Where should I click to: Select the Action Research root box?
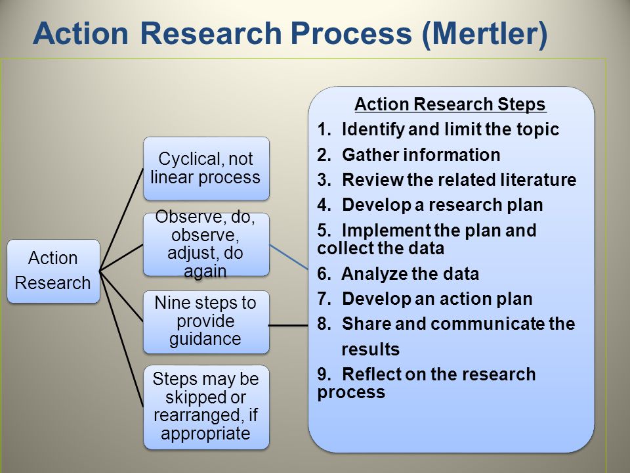point(53,271)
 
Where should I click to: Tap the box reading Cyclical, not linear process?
point(206,169)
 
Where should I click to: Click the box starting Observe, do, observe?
point(206,244)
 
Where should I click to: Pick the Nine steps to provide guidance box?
point(206,322)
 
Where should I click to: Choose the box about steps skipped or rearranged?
point(206,407)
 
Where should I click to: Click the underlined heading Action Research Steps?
point(450,104)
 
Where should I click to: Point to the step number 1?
point(324,129)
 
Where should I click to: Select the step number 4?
point(324,205)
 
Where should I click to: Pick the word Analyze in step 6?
point(374,274)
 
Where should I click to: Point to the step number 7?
point(324,299)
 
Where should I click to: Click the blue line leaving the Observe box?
point(289,257)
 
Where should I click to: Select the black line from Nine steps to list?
point(288,325)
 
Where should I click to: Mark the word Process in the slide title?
point(351,33)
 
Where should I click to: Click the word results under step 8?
point(370,349)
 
